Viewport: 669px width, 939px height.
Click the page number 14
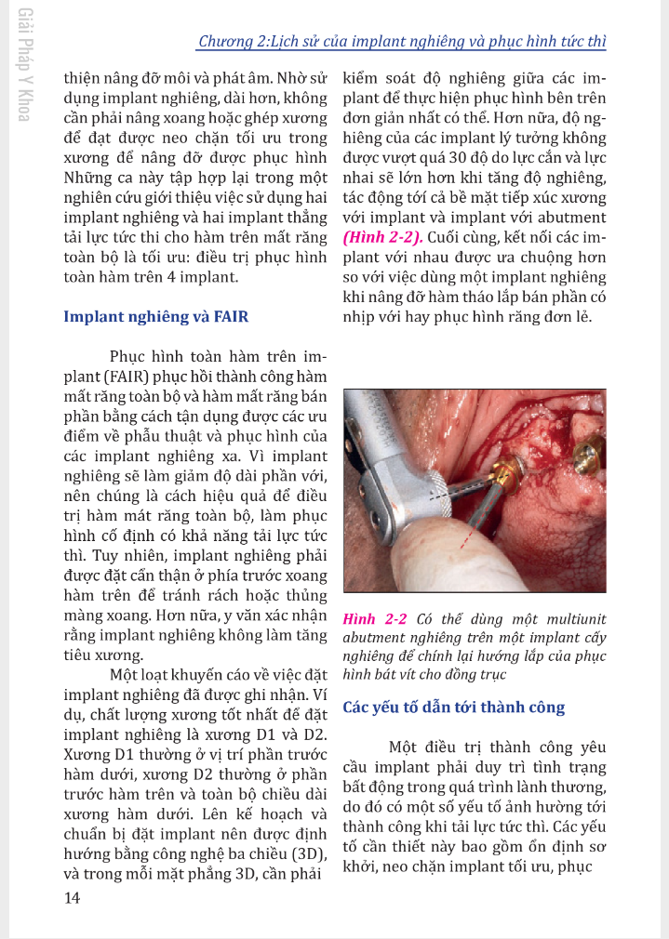[x=72, y=897]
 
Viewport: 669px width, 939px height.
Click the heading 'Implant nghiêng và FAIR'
[x=155, y=316]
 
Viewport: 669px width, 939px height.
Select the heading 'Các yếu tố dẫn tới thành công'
[x=454, y=708]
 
